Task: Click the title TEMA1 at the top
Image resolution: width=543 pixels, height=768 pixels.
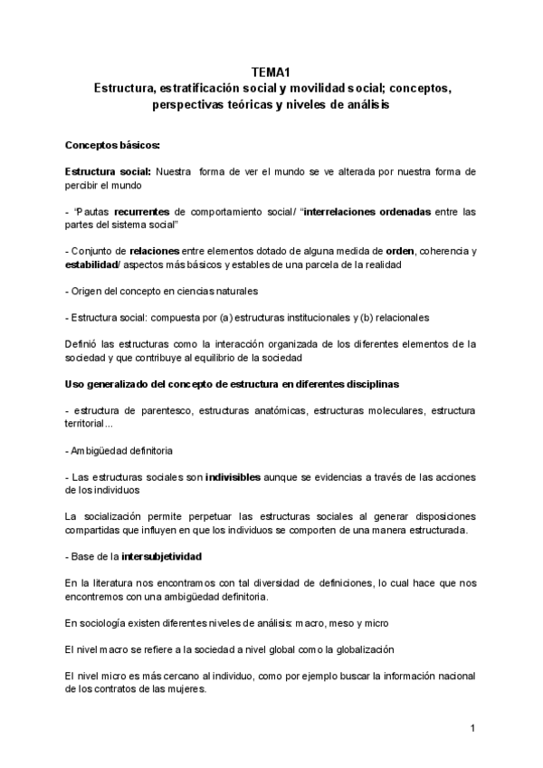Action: pyautogui.click(x=271, y=75)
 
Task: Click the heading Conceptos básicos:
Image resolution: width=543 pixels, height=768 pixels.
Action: pyautogui.click(x=113, y=145)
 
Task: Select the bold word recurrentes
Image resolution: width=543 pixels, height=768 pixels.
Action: pyautogui.click(x=147, y=212)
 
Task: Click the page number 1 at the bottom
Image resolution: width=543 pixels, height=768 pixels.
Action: pyautogui.click(x=472, y=728)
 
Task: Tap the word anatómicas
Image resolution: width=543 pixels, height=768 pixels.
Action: pyautogui.click(x=277, y=411)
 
